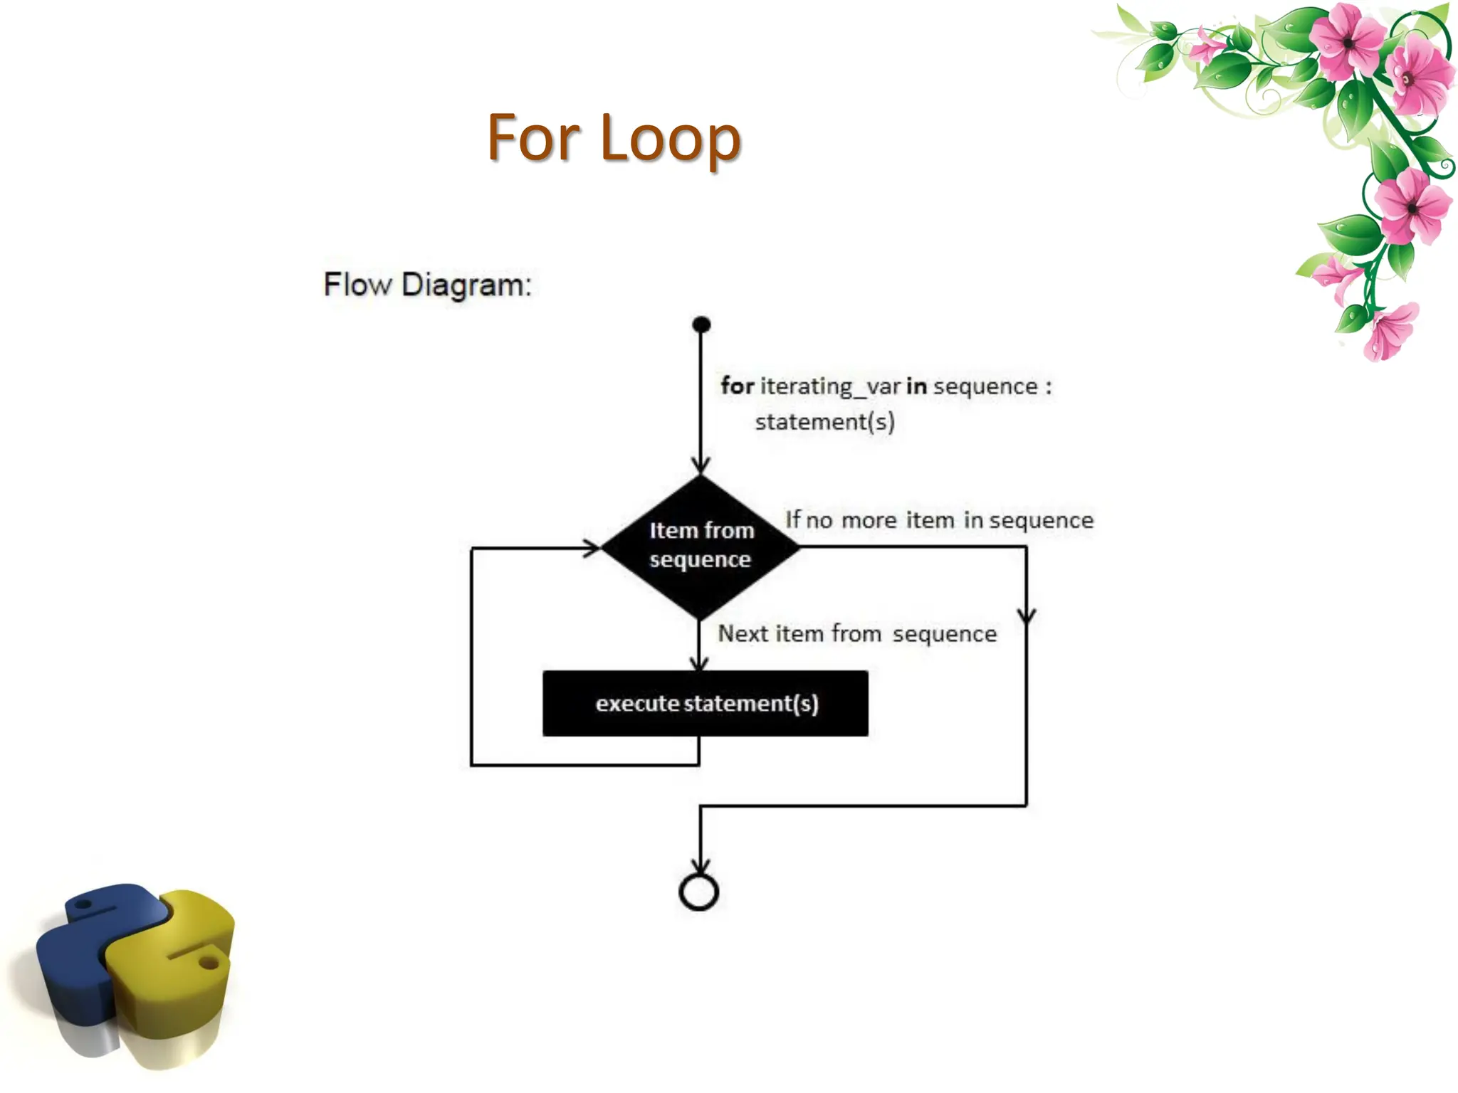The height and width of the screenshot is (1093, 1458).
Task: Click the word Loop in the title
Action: [x=671, y=138]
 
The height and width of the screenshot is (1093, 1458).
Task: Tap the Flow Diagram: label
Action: [x=427, y=285]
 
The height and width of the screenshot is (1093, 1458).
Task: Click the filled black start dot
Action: [x=701, y=324]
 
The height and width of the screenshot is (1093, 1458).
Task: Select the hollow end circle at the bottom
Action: [x=699, y=892]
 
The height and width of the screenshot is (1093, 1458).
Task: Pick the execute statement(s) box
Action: [x=705, y=703]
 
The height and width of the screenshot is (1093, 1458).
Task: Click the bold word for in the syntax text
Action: [x=737, y=386]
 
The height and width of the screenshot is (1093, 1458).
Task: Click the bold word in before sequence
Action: [x=916, y=386]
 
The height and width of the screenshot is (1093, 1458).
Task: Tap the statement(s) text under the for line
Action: [x=824, y=422]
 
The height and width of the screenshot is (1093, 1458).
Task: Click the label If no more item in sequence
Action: [x=938, y=520]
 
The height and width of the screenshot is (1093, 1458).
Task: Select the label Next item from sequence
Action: [x=857, y=633]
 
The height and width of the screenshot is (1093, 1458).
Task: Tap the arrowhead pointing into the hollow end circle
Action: [x=701, y=865]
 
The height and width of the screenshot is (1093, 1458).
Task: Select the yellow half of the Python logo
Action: [x=178, y=982]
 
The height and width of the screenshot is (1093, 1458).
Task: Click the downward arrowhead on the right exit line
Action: [x=1026, y=616]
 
